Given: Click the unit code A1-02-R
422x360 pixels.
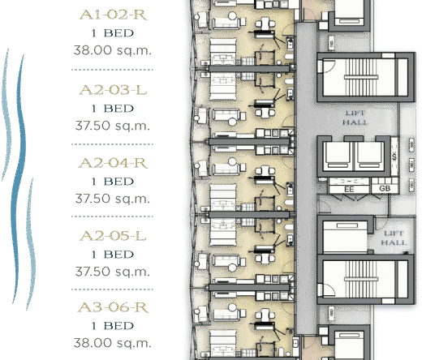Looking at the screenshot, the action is click(114, 15).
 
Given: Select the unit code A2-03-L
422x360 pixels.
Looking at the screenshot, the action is click(113, 90).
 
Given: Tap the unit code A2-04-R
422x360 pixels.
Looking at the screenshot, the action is click(113, 163).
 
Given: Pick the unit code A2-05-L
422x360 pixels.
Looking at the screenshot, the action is click(113, 236).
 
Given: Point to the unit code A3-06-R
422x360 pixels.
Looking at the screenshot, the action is click(113, 307).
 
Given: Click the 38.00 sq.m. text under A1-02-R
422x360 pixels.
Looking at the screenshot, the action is click(113, 50).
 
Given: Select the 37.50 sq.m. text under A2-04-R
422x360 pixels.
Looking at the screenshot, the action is click(113, 199).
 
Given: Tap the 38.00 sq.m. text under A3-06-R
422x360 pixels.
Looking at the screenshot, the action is click(113, 343).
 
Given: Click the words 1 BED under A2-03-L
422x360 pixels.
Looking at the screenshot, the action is click(113, 109).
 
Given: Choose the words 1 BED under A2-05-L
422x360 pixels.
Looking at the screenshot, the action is click(113, 255).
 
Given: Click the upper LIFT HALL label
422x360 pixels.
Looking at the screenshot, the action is click(355, 118).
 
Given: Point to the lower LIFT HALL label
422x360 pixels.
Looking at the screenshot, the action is click(394, 238).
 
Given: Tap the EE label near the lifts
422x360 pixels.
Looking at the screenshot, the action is click(349, 189).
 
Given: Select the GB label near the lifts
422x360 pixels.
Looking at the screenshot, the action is click(385, 188).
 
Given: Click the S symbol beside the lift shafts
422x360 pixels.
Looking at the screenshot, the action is click(394, 156).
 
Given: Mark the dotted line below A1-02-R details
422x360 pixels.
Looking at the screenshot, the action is click(112, 70).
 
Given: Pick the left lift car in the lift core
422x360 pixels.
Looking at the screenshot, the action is click(338, 155).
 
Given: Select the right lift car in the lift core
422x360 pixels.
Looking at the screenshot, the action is click(369, 155).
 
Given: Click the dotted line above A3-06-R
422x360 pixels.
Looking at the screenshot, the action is click(112, 289).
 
